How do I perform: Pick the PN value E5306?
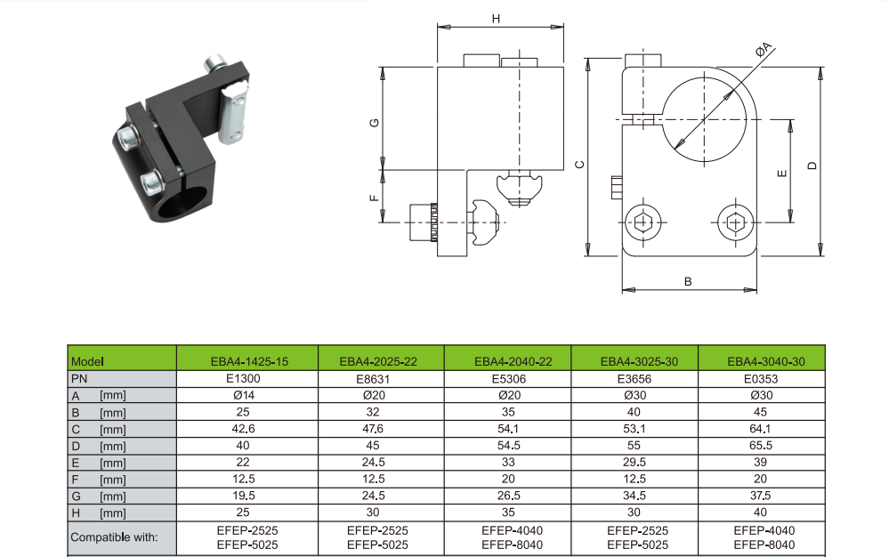(x=507, y=378)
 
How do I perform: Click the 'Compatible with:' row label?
(x=114, y=537)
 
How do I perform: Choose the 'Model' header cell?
(x=88, y=361)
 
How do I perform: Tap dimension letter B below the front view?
(x=688, y=281)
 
